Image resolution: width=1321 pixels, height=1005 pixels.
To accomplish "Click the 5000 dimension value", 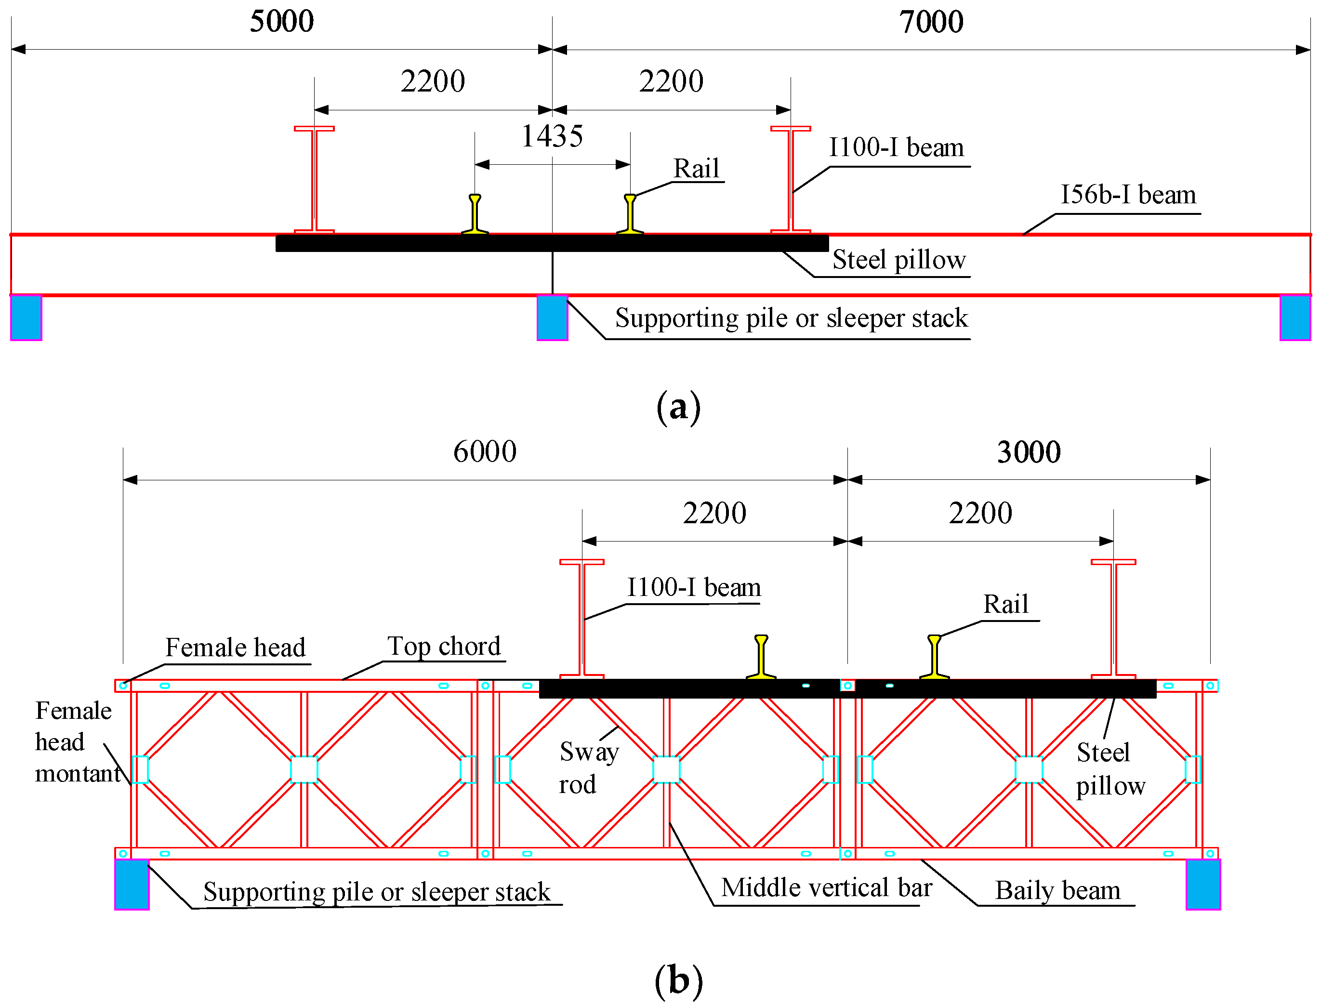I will (x=281, y=22).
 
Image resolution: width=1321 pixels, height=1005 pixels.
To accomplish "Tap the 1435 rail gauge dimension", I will (x=552, y=136).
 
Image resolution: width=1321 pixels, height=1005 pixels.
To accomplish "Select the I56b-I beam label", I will (x=1128, y=195).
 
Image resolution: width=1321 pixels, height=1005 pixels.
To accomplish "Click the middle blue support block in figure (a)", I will (x=552, y=317).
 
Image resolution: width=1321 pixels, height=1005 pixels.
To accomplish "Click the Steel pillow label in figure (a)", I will (x=898, y=260).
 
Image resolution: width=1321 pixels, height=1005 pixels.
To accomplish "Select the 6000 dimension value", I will (x=485, y=451).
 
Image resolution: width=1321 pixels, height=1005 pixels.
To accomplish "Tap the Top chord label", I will (x=443, y=647).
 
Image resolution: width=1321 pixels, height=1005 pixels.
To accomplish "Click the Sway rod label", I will (x=588, y=767).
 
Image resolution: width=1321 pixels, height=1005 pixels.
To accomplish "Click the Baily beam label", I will (x=1057, y=891).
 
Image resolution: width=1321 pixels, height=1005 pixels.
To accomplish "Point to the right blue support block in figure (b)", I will (x=1202, y=885).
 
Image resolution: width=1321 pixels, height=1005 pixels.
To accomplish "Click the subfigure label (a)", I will (x=678, y=408).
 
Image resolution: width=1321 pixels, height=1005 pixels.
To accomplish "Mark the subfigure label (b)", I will (x=678, y=981).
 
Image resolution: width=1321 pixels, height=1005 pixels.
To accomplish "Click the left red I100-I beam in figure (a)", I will (x=314, y=179).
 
